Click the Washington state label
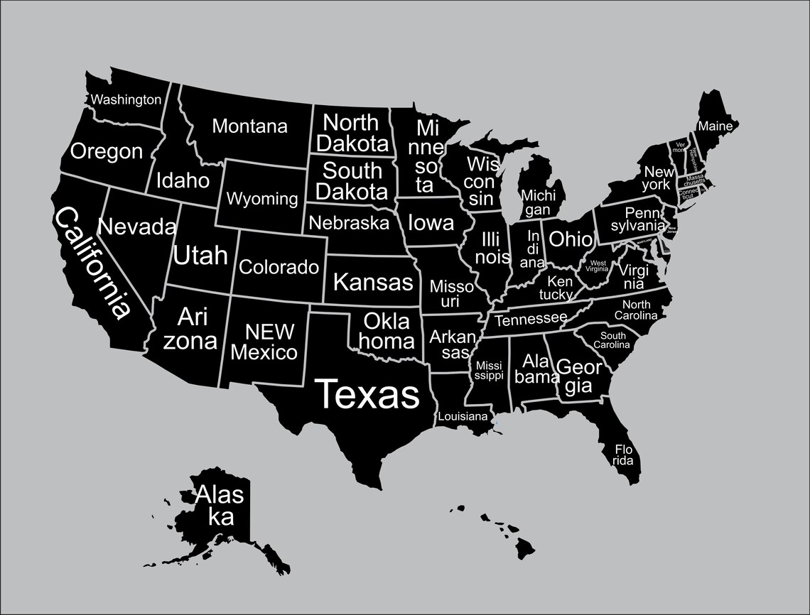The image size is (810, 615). pos(126,99)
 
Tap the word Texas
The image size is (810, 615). pos(367,393)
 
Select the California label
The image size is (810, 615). pos(92,262)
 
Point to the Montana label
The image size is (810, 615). pos(250,126)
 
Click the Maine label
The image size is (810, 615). pos(715,126)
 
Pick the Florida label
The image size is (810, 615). pos(623,455)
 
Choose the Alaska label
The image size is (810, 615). pos(219,504)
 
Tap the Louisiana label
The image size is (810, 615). pos(463,416)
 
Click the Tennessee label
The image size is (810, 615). pos(531,319)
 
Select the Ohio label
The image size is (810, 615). pos(570,239)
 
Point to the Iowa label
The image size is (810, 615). pos(431,223)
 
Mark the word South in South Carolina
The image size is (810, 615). pos(613,336)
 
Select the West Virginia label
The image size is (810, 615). pos(597,266)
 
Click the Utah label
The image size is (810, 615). pos(200,255)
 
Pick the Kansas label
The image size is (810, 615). pos(372,282)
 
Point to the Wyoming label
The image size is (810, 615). pos(262,199)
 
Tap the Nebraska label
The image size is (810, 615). pos(350,223)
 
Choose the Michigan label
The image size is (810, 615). pos(538,202)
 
